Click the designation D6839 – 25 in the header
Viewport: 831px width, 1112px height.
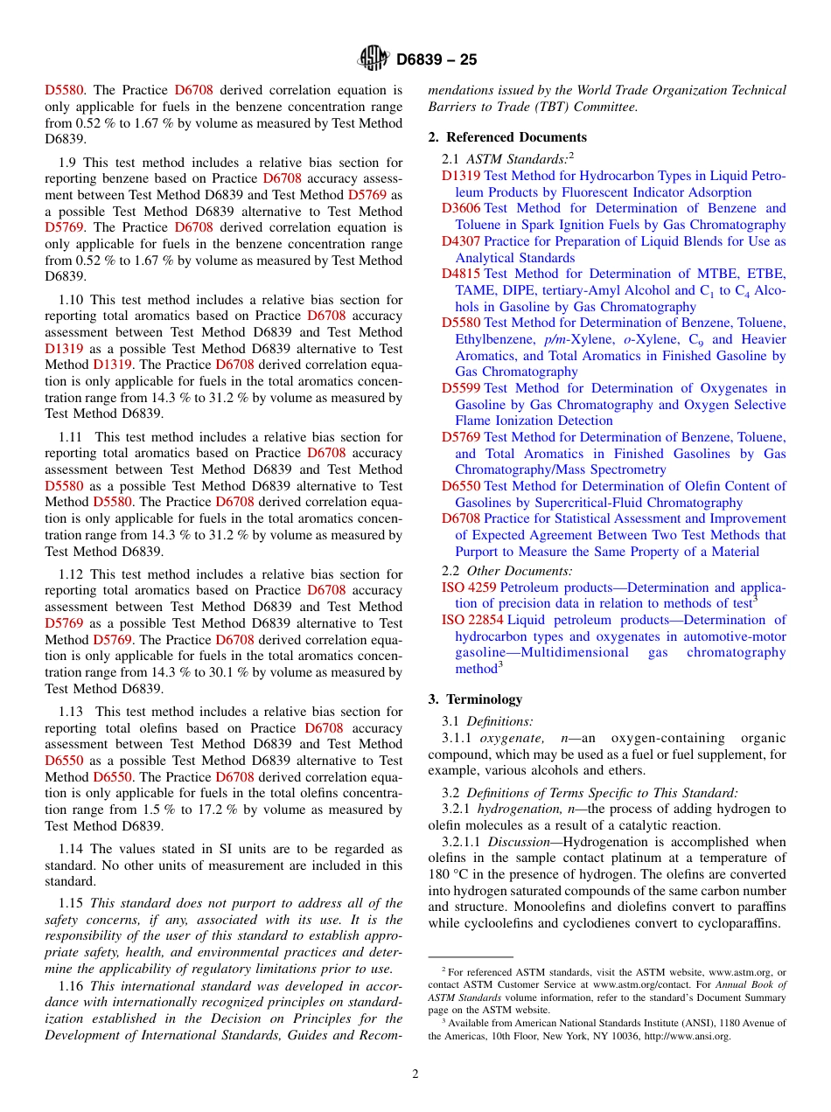click(436, 60)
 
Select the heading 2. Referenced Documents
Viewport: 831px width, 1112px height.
click(507, 137)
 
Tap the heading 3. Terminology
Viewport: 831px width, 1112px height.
click(475, 699)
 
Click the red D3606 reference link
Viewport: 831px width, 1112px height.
click(460, 208)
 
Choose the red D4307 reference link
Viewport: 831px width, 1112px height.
click(460, 241)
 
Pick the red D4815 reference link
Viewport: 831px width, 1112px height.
click(460, 274)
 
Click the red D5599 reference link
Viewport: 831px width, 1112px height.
click(460, 388)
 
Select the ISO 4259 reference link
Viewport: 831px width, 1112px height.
click(468, 587)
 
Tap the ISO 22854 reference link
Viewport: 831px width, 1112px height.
click(472, 620)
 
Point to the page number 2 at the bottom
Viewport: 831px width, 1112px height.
click(415, 1074)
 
